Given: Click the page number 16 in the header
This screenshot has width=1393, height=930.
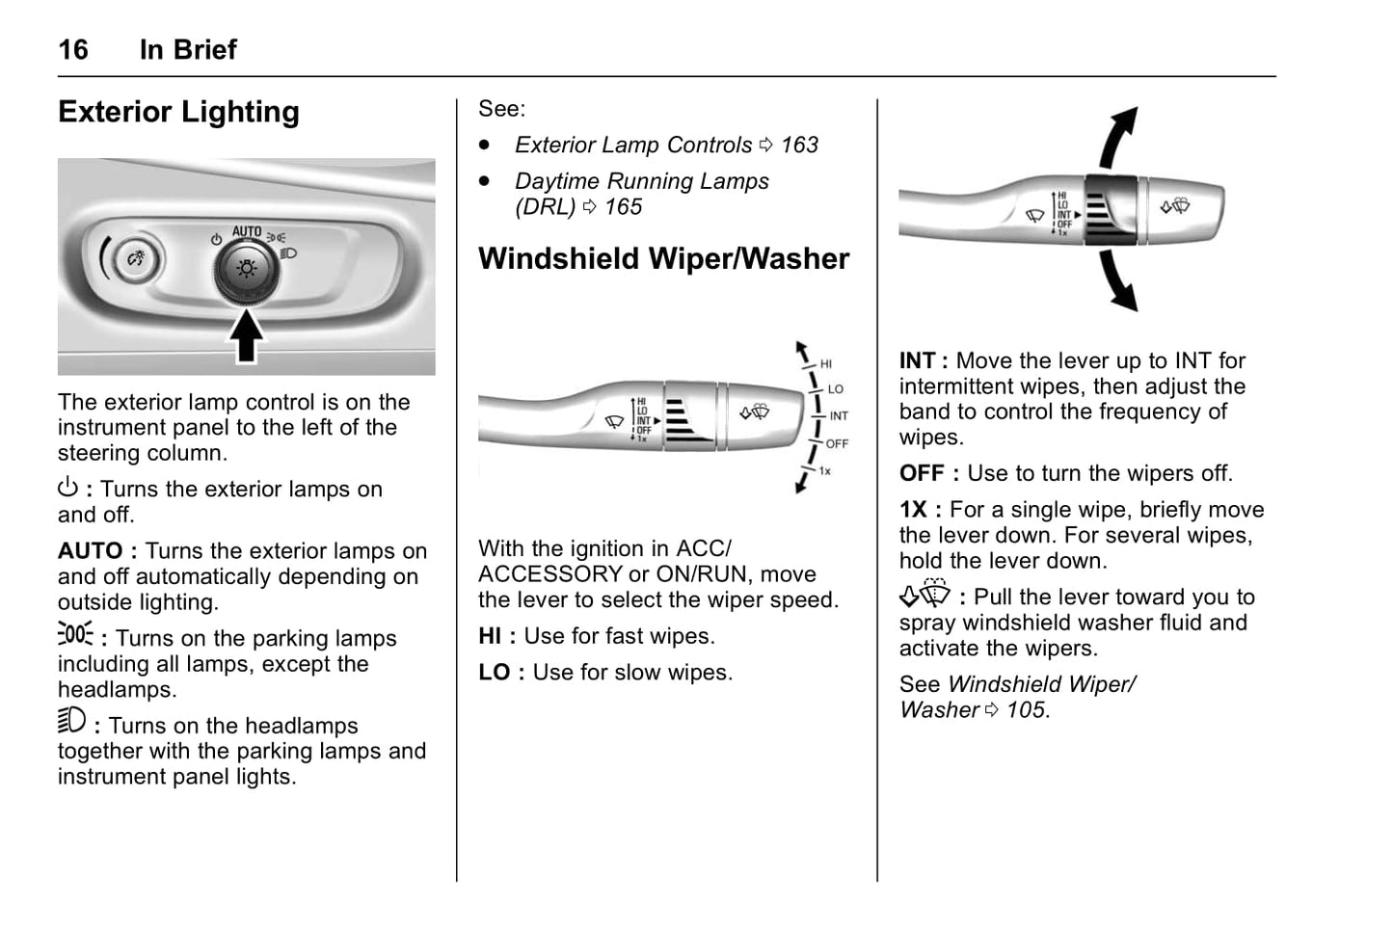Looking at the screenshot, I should tap(73, 49).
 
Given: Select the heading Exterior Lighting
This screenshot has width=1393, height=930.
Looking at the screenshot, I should tap(178, 112).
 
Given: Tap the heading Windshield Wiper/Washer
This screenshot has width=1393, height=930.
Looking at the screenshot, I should tap(663, 258).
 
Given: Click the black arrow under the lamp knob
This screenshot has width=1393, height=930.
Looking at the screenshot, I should tap(246, 334).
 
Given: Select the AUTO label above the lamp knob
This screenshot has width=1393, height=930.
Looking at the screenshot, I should tap(247, 232).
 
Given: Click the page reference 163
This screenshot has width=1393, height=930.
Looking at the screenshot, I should tap(798, 145).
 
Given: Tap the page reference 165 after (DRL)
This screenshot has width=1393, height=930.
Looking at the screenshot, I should tap(623, 206).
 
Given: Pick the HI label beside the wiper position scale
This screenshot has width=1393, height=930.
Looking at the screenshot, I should tap(826, 364).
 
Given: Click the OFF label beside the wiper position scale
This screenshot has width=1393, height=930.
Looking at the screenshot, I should tap(837, 444).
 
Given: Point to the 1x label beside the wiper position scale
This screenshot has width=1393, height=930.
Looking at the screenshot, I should tap(825, 471).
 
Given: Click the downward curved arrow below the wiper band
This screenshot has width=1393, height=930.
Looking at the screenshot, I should tap(1118, 280).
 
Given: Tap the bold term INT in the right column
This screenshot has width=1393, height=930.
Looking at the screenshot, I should tap(918, 360).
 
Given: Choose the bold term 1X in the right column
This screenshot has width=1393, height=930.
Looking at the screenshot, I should tap(914, 510).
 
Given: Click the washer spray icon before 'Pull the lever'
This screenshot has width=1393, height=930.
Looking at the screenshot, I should tap(924, 595).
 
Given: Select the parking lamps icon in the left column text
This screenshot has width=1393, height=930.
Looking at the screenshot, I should tap(75, 635).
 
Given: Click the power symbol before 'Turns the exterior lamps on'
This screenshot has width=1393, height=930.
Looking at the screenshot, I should tap(67, 488).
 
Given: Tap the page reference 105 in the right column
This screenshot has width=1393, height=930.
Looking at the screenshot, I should tap(1025, 710).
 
